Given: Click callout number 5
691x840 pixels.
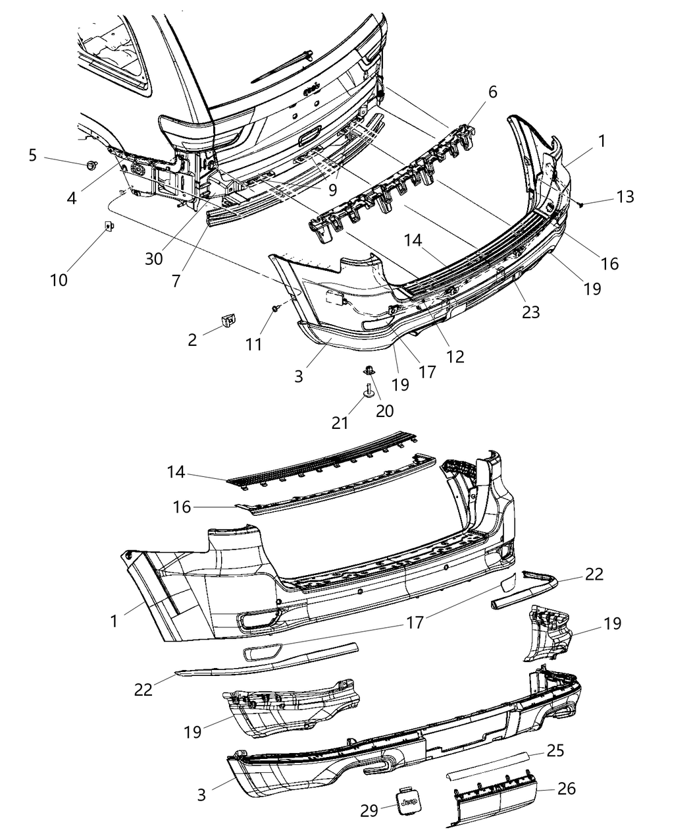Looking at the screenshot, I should [33, 155].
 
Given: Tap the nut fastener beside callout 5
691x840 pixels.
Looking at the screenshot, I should [91, 164].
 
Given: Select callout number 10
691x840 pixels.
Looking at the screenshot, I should [59, 280].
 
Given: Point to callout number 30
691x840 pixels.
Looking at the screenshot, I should [154, 259].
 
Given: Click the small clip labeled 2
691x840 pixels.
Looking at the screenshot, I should [228, 320].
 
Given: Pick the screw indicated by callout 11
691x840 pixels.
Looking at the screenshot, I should [275, 308].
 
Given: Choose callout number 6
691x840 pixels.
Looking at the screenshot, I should [493, 93].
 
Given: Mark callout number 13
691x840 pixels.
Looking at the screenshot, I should [625, 196].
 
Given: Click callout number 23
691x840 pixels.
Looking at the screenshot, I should [530, 311].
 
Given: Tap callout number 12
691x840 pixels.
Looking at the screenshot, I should [454, 356].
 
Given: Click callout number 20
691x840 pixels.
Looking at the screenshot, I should [384, 410].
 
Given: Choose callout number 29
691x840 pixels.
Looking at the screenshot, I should [370, 810].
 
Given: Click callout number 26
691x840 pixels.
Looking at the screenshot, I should [567, 788].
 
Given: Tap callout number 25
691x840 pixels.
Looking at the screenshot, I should [555, 750].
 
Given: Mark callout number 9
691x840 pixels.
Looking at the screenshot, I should [332, 189].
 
